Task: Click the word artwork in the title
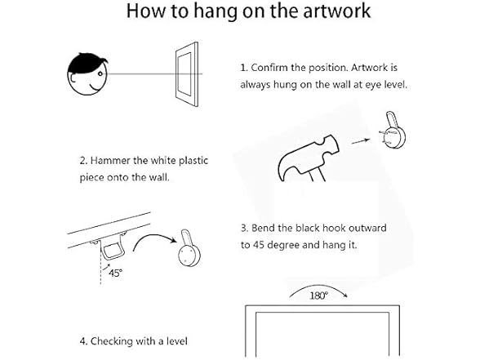click(336, 11)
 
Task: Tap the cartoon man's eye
click(100, 73)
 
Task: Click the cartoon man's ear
click(72, 78)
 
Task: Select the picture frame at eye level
click(187, 74)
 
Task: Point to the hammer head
click(308, 156)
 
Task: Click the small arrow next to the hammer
click(360, 140)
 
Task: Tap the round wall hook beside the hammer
click(393, 131)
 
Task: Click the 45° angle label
click(115, 273)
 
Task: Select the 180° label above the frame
click(318, 296)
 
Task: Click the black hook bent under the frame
click(113, 251)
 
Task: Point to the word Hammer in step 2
click(110, 161)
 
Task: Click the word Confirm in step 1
click(269, 68)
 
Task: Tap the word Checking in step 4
click(111, 341)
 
